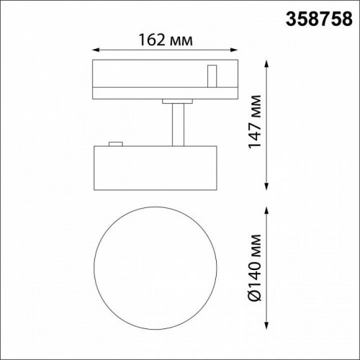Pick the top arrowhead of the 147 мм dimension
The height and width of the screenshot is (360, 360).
(269, 64)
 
